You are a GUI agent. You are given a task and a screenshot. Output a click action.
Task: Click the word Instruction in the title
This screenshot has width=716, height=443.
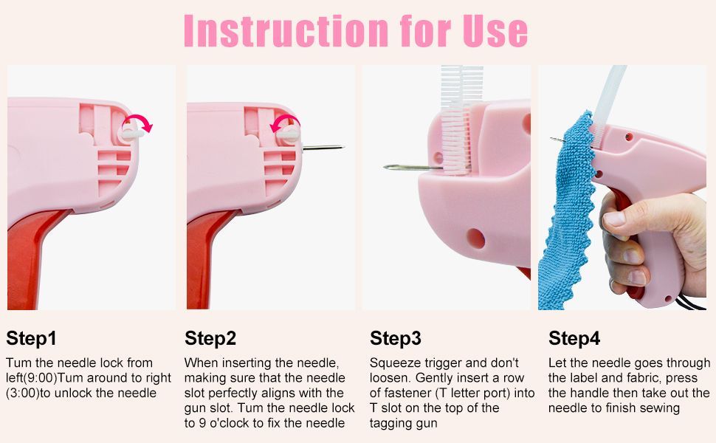[283, 30]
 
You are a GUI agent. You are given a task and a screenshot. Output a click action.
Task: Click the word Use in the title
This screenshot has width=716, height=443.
[491, 30]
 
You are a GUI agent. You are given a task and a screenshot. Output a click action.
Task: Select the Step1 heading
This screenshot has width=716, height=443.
[31, 339]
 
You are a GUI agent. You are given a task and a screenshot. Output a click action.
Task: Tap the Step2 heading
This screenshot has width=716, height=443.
[210, 339]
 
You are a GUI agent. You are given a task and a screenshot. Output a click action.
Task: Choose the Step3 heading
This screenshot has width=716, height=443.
[396, 339]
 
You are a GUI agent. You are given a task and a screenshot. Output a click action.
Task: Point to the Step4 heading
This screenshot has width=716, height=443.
[574, 339]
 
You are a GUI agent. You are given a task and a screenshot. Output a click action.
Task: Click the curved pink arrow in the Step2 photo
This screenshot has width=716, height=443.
[285, 123]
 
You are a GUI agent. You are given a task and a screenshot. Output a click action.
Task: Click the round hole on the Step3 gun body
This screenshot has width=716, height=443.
[475, 238]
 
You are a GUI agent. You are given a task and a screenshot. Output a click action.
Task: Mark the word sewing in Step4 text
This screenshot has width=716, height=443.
[660, 408]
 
